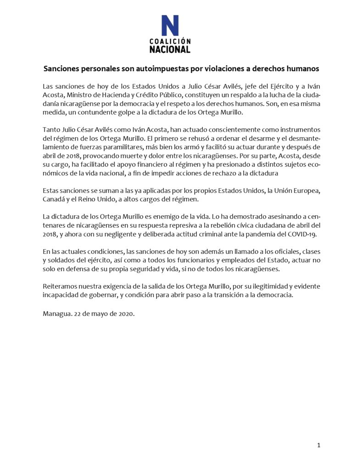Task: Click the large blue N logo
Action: tap(170, 26)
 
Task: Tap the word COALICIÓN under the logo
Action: tap(170, 40)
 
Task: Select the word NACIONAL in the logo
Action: tap(170, 49)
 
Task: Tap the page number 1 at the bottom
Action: tap(318, 445)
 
